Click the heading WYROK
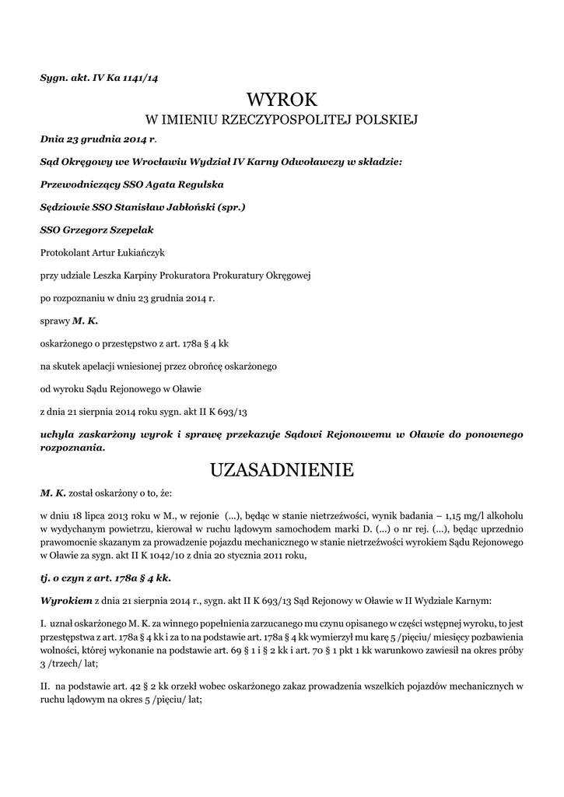(x=282, y=100)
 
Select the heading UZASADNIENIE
(x=282, y=470)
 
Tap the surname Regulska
(x=201, y=184)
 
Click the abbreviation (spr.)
(x=232, y=207)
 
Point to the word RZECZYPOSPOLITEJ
(x=264, y=121)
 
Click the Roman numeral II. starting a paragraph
(x=44, y=686)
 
